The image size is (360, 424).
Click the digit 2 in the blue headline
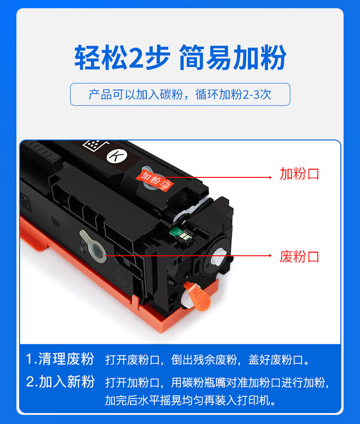(137, 57)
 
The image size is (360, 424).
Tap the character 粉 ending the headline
(273, 57)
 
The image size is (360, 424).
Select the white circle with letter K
(117, 156)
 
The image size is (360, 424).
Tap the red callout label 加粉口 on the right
(299, 174)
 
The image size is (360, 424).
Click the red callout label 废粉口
(299, 257)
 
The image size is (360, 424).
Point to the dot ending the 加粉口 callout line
(270, 177)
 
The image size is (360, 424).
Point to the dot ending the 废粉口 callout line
(270, 255)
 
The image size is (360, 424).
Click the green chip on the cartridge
(180, 234)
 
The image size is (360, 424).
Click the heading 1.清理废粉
(60, 359)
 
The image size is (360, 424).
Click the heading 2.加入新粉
(60, 382)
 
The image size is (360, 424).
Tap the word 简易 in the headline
(206, 57)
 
